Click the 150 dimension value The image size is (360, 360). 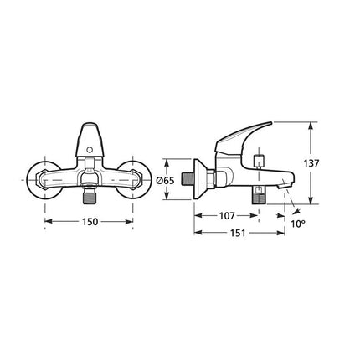click(x=90, y=222)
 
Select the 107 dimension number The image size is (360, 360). click(x=227, y=216)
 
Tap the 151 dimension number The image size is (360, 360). click(x=238, y=233)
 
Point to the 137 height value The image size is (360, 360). click(x=311, y=163)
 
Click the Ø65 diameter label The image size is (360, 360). click(x=166, y=181)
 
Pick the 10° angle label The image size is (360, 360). click(x=297, y=224)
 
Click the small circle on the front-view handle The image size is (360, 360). click(x=90, y=151)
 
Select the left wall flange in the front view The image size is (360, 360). click(x=44, y=180)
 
